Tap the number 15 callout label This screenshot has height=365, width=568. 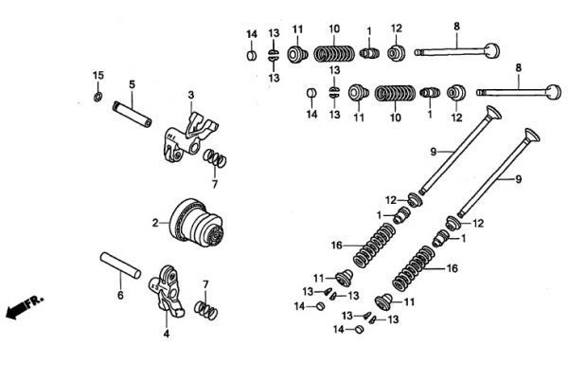pos(98,76)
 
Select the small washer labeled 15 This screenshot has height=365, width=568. pos(98,97)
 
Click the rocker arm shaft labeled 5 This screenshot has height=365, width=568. pos(132,114)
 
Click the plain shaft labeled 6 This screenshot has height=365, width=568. pos(120,265)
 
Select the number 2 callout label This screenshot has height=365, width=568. pos(155,223)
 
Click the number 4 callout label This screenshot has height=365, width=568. pos(167,334)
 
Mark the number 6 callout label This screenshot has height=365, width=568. pos(120,296)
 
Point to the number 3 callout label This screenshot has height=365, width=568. pos(191,95)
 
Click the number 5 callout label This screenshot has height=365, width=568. pos(132,84)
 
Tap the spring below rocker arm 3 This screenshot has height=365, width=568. pos(215,158)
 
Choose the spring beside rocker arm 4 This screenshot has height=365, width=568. pos(206,311)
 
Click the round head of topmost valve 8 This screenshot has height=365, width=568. pos(492,51)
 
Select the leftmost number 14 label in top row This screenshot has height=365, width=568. pos(252,34)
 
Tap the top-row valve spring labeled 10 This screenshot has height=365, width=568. pos(334,54)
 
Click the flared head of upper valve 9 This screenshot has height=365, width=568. pos(493,113)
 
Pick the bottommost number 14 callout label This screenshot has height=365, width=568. pos(339,329)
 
